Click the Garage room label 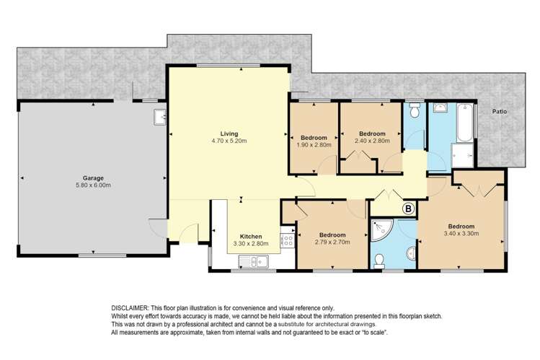[93, 178]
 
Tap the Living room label [229, 133]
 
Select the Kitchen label [251, 237]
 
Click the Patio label [500, 112]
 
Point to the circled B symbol [409, 208]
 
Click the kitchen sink [254, 261]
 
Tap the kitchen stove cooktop [287, 240]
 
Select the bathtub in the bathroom [464, 123]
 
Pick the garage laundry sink [160, 117]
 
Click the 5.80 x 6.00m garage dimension [93, 185]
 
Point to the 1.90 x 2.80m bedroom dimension [314, 145]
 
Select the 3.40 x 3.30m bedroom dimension [461, 234]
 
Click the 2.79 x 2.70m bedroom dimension [332, 242]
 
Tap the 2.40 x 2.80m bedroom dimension [372, 141]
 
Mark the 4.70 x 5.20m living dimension [229, 141]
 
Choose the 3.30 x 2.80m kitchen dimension [251, 244]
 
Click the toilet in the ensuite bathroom [379, 260]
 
